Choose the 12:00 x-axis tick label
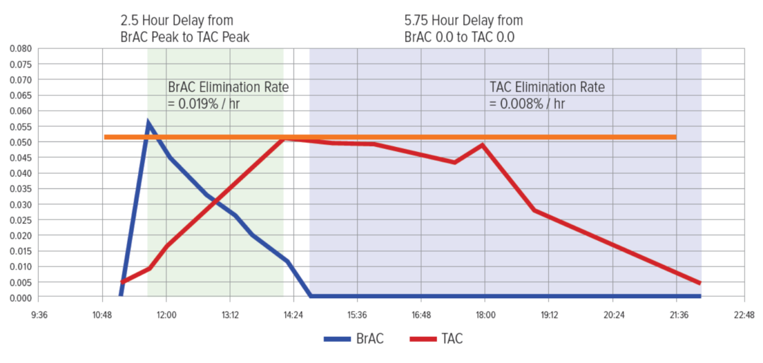click(166, 315)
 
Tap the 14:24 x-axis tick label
click(293, 315)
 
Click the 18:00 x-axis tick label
click(485, 315)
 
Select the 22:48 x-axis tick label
click(741, 315)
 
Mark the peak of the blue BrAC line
click(148, 122)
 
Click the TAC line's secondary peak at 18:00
click(483, 145)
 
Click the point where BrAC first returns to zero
click(310, 296)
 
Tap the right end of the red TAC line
click(700, 284)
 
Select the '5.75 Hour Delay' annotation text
click(464, 22)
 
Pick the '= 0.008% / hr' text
click(527, 103)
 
